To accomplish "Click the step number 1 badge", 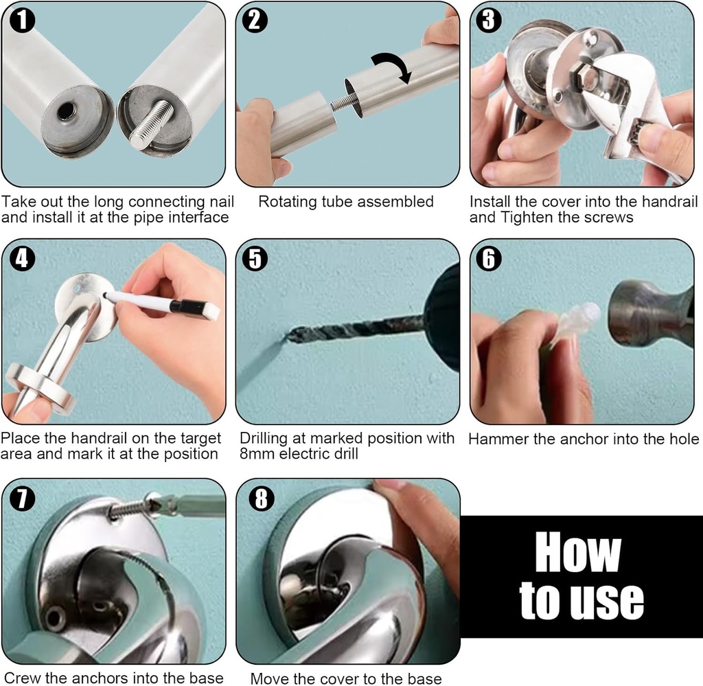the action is click(22, 21).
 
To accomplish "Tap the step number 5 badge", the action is click(255, 259).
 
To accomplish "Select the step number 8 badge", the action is click(262, 499).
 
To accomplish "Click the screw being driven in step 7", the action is click(135, 508).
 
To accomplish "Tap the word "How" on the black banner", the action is click(578, 552).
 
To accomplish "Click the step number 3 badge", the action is click(489, 20).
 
